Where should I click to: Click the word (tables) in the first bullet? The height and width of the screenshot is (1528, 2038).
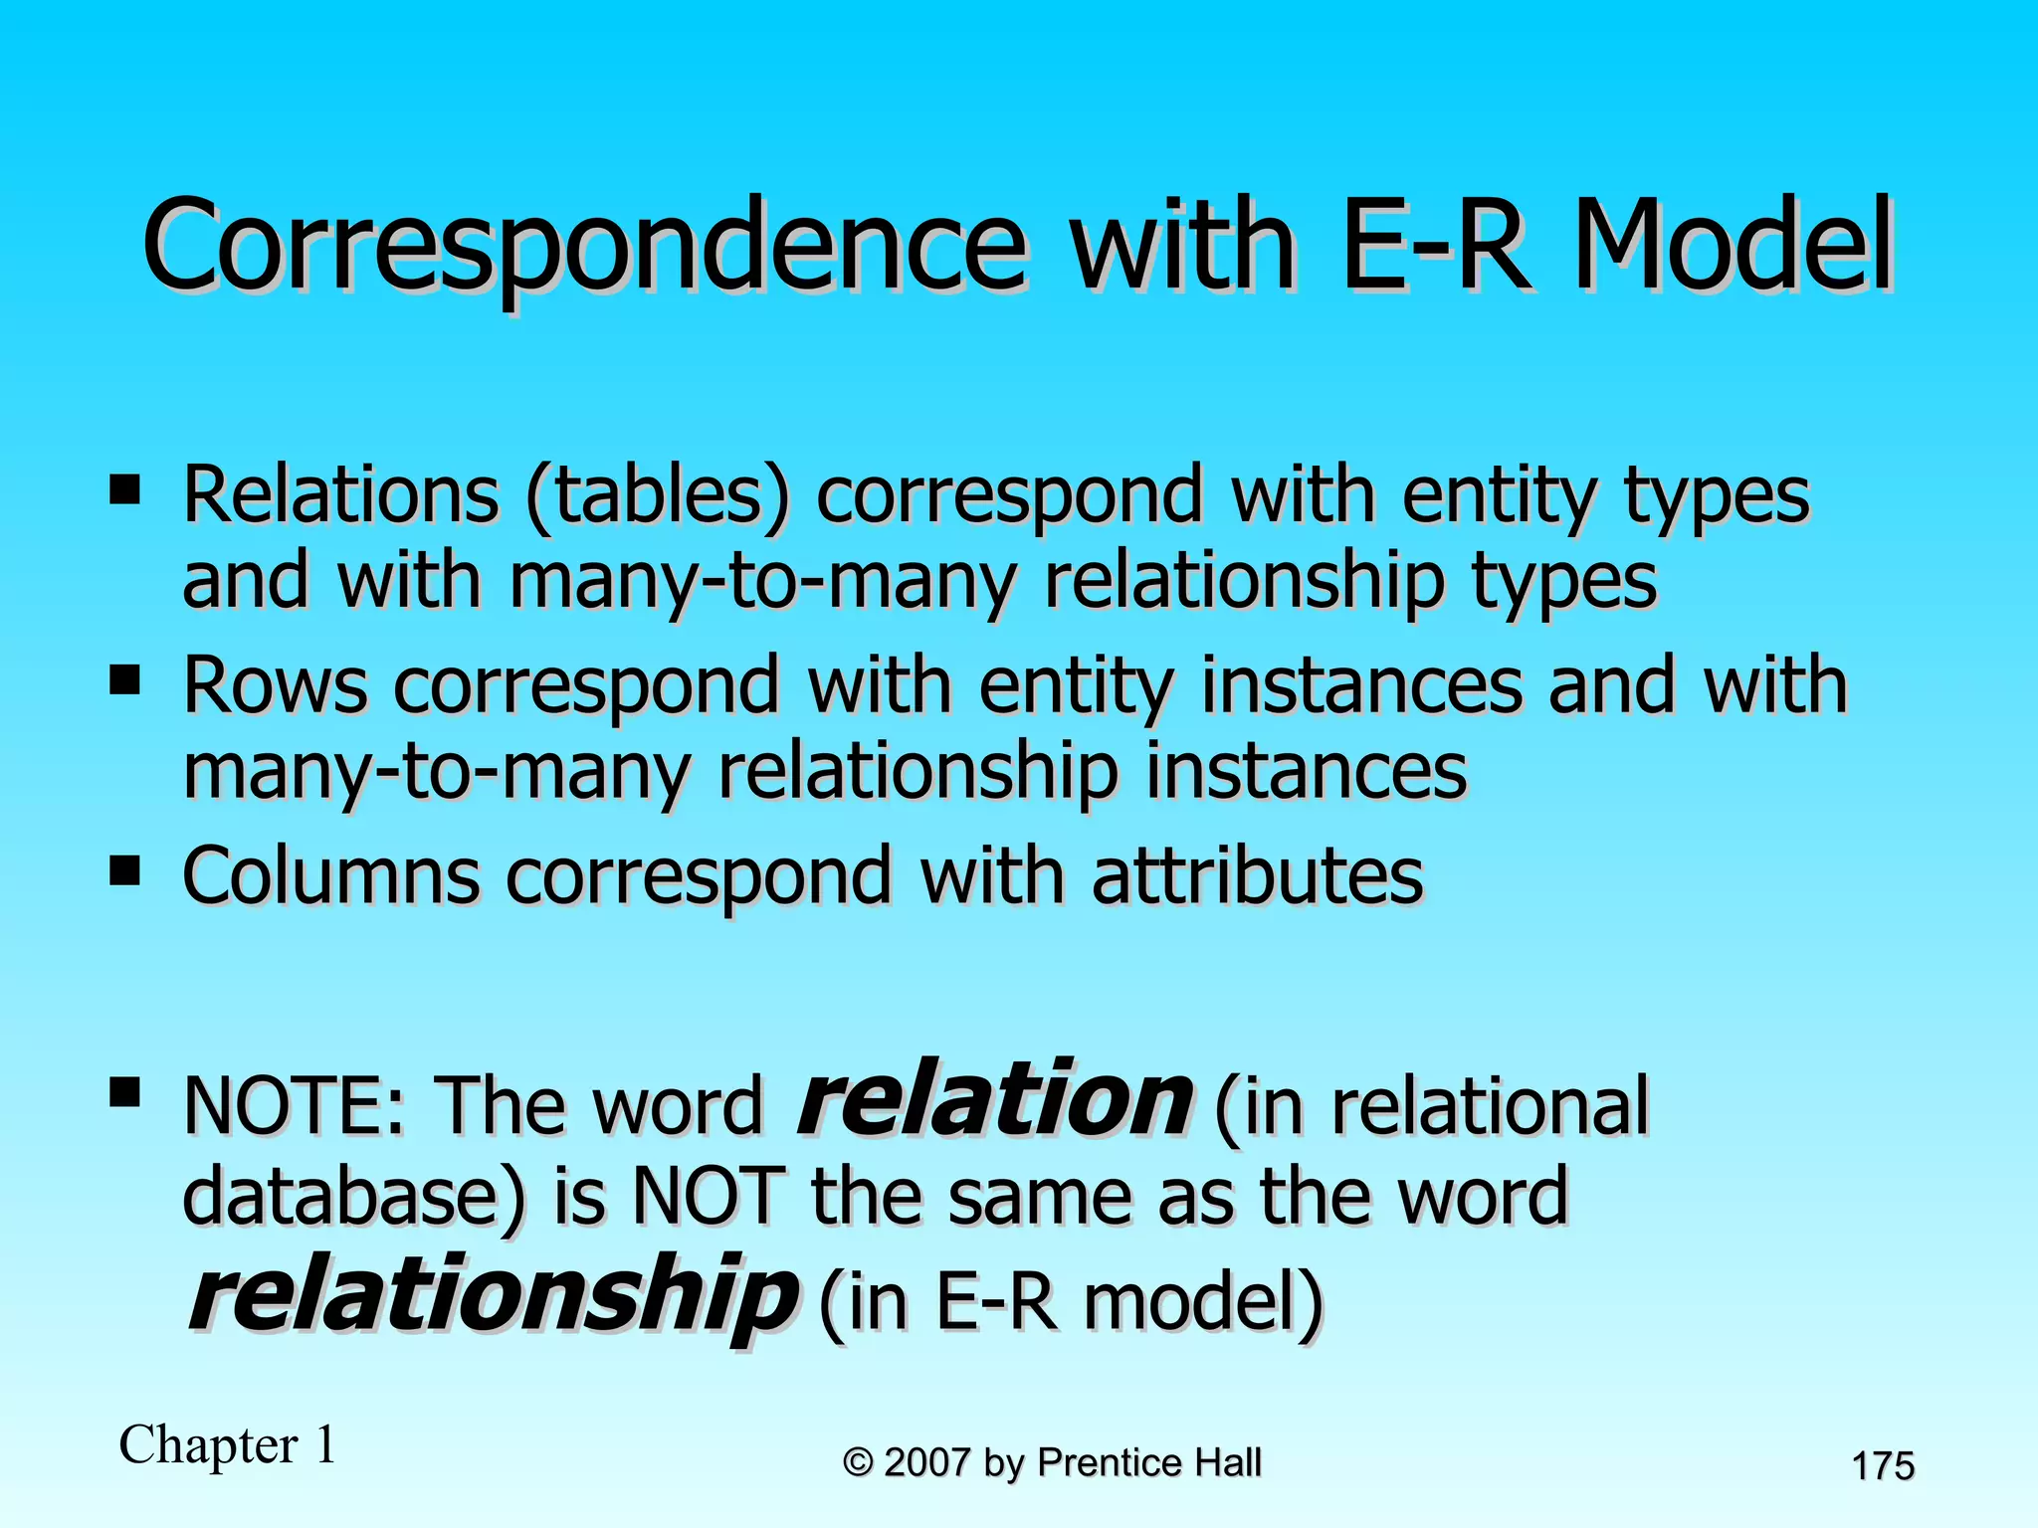tap(658, 494)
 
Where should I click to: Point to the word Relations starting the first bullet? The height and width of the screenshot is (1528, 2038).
tap(340, 494)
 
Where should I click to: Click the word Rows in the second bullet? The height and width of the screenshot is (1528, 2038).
tap(275, 685)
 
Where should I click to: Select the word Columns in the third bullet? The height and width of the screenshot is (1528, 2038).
tap(331, 875)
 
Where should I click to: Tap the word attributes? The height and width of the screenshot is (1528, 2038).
tap(1257, 875)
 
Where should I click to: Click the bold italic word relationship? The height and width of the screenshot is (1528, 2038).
tap(492, 1294)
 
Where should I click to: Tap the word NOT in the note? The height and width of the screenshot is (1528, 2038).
tap(708, 1196)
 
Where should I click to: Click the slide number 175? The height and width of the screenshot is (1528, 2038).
tap(1883, 1466)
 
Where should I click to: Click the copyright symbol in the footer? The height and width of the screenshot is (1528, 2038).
tap(859, 1463)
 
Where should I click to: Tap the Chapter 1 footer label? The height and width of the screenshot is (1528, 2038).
tap(228, 1445)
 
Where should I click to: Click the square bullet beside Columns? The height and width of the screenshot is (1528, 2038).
tap(125, 871)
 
